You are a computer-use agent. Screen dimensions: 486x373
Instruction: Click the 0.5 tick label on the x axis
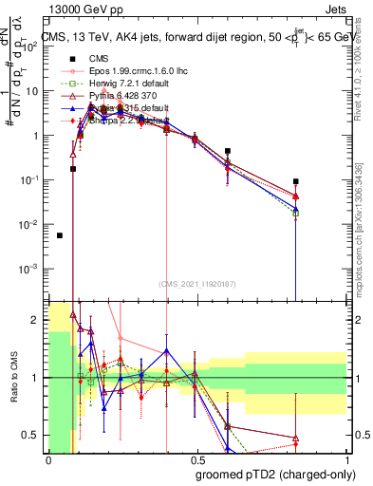point(196,458)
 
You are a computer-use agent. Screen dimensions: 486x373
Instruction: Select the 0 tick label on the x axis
point(48,458)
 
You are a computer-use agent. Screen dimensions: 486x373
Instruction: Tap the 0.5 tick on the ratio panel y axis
point(32,435)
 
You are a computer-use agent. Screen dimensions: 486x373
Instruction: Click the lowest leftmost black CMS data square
point(60,235)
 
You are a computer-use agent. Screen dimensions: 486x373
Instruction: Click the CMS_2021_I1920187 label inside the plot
point(196,284)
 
